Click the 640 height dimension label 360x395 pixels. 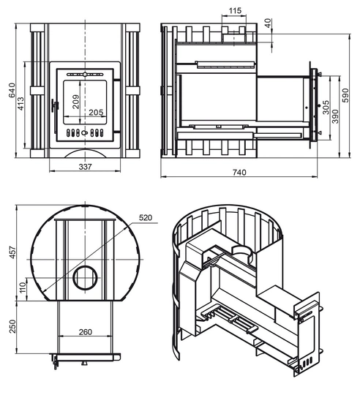click(x=12, y=91)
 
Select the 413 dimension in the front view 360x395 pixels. click(x=20, y=104)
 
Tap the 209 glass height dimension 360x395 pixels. click(x=75, y=102)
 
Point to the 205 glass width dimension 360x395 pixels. click(x=96, y=113)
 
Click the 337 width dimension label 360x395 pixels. click(x=86, y=167)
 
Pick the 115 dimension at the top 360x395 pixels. click(x=235, y=10)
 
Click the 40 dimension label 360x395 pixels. click(x=269, y=23)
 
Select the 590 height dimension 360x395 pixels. click(x=346, y=95)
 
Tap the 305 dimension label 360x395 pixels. click(x=326, y=108)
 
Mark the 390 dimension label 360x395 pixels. click(x=335, y=116)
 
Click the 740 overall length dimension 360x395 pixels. click(x=239, y=173)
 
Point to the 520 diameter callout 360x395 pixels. click(x=146, y=218)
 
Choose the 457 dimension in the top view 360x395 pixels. click(x=12, y=252)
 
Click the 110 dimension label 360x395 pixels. click(x=23, y=287)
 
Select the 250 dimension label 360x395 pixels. click(x=12, y=326)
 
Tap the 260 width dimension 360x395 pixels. click(x=86, y=332)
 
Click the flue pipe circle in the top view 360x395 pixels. click(x=86, y=266)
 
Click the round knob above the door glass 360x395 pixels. click(x=85, y=75)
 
